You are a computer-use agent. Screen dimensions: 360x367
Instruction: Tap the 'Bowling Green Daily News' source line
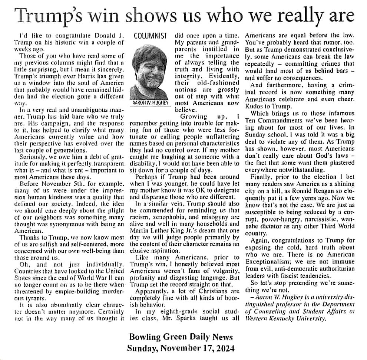click(x=181, y=337)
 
